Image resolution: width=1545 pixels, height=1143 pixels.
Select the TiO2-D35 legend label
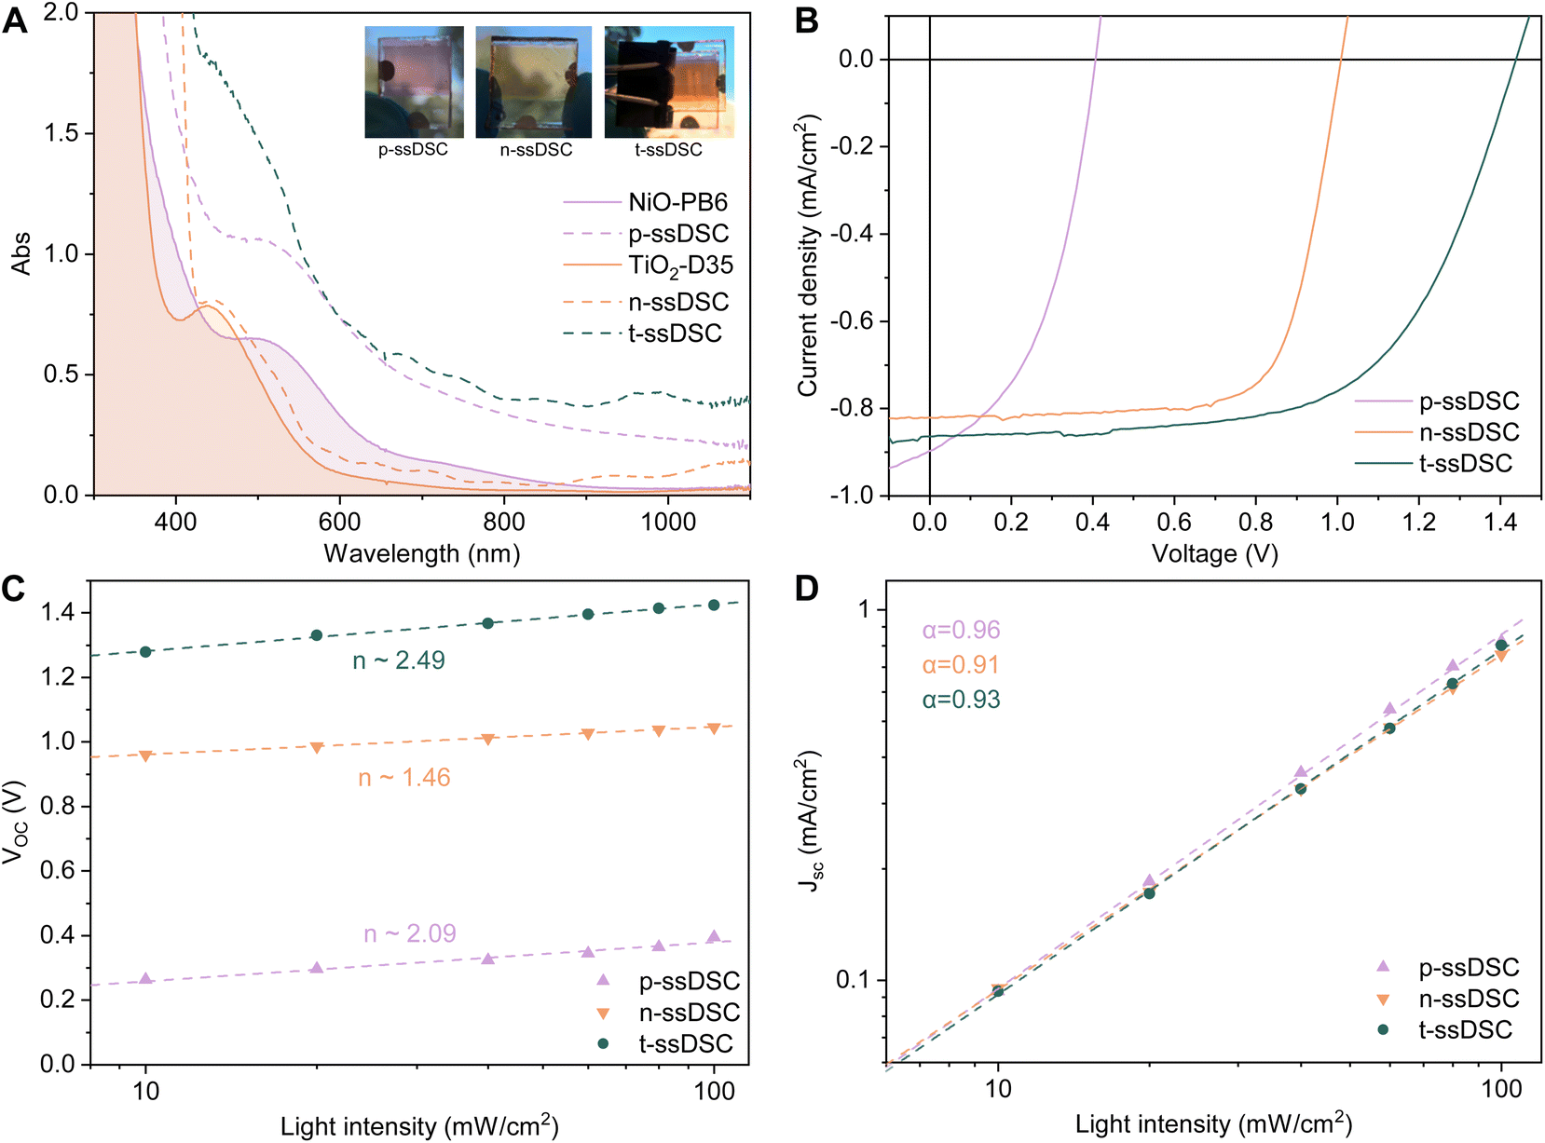pos(680,265)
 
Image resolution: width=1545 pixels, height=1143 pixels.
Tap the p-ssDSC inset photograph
pos(414,82)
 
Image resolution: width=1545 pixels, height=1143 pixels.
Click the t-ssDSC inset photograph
pos(669,82)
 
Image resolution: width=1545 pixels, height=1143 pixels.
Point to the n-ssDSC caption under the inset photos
pos(536,150)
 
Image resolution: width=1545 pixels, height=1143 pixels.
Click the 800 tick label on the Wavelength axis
pos(503,522)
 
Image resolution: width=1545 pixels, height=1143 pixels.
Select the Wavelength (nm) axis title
pos(422,553)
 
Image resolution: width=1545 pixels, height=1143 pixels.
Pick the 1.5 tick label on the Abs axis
pos(61,133)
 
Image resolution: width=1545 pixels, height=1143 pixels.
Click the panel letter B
pos(806,20)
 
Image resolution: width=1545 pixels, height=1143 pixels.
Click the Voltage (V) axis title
pos(1215,553)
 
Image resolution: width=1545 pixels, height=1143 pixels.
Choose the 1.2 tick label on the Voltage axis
pos(1419,522)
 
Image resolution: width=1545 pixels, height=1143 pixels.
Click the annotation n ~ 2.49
pos(399,660)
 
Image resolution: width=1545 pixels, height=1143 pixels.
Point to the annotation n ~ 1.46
pos(404,777)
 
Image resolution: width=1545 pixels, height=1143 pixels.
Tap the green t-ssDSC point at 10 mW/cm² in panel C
pos(145,652)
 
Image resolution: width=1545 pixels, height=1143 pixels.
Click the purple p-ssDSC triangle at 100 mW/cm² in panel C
pos(713,936)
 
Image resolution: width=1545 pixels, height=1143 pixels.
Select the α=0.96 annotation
pos(962,630)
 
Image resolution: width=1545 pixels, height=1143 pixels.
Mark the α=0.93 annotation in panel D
pos(962,700)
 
